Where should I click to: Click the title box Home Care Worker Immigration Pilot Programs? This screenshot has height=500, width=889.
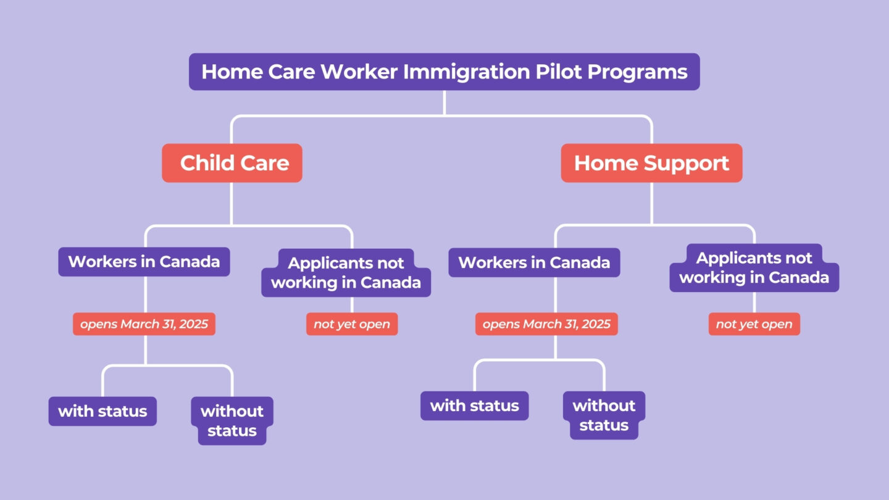tap(444, 72)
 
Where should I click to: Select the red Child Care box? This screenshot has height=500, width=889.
tap(232, 163)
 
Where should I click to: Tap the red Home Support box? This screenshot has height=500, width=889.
tap(651, 163)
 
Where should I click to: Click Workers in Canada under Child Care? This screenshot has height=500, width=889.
tap(144, 261)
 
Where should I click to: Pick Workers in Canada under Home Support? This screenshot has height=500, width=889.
tap(534, 262)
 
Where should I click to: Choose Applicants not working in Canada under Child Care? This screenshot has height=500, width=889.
tap(346, 273)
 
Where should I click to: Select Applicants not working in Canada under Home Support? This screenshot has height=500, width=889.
tap(754, 267)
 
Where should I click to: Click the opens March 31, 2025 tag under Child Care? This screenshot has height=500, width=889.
tap(144, 324)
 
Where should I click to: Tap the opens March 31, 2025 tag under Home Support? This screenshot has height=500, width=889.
tap(546, 324)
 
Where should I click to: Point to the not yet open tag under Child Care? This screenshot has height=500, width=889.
tap(352, 324)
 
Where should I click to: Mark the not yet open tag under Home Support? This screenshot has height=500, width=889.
tap(754, 324)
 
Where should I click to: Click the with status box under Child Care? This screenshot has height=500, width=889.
tap(102, 411)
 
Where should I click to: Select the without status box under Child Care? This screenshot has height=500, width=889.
tap(232, 420)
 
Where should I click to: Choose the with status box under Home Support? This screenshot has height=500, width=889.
tap(474, 406)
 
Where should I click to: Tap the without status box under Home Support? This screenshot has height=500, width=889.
tap(604, 415)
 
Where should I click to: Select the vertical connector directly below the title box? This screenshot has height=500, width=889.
tap(444, 102)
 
